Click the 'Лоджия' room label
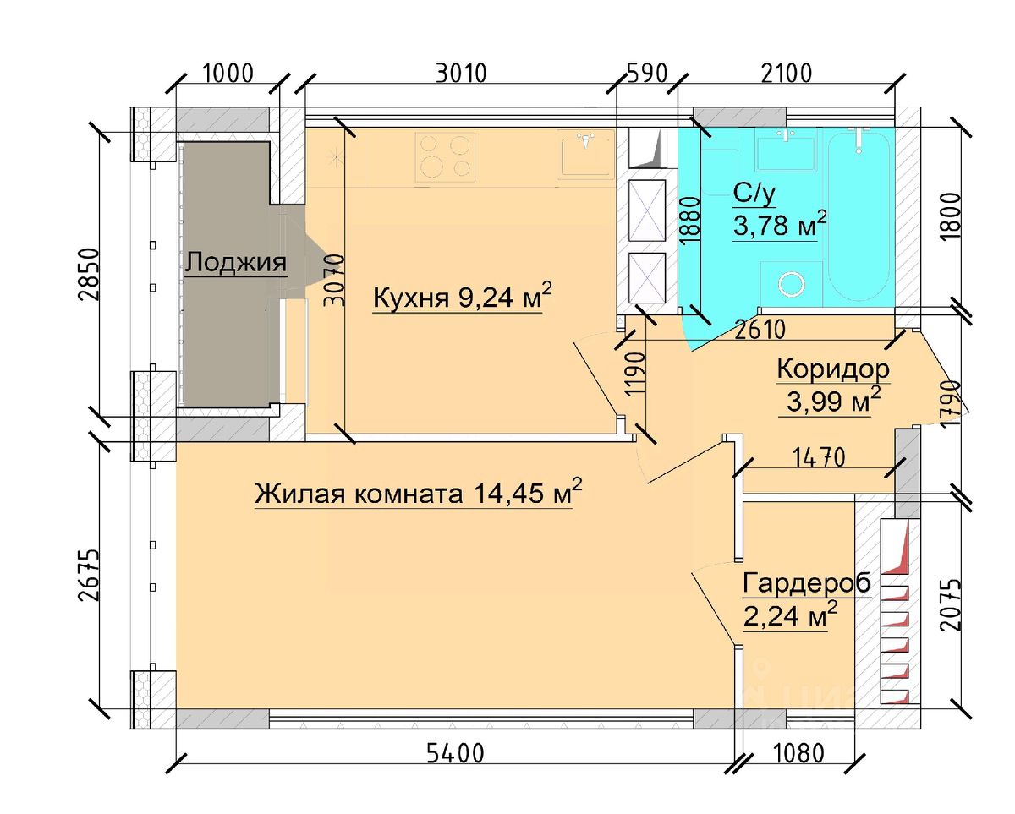[236, 263]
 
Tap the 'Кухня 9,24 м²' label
[462, 297]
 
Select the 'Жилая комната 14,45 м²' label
[419, 493]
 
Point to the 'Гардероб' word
[807, 584]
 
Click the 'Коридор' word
[833, 370]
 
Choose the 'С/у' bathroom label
[754, 194]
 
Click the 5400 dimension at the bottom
[455, 753]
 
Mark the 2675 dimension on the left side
[89, 574]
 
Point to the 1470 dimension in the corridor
[818, 457]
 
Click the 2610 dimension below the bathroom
[760, 330]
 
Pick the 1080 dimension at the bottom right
[799, 753]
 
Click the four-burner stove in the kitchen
[445, 157]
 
